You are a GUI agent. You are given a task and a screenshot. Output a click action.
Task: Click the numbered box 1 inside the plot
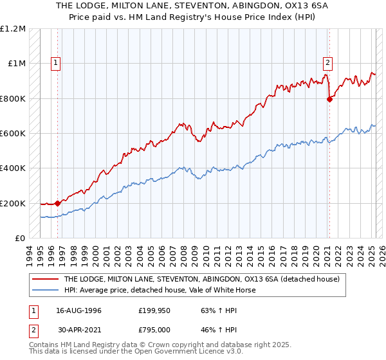point(57,63)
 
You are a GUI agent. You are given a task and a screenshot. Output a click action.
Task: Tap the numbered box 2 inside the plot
point(327,63)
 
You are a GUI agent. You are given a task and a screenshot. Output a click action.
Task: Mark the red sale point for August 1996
point(58,203)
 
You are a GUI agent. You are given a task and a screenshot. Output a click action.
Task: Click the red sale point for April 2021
point(329,99)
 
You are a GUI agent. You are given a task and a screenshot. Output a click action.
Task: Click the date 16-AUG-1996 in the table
point(78,311)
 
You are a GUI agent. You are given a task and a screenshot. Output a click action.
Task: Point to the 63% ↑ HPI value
point(212,311)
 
